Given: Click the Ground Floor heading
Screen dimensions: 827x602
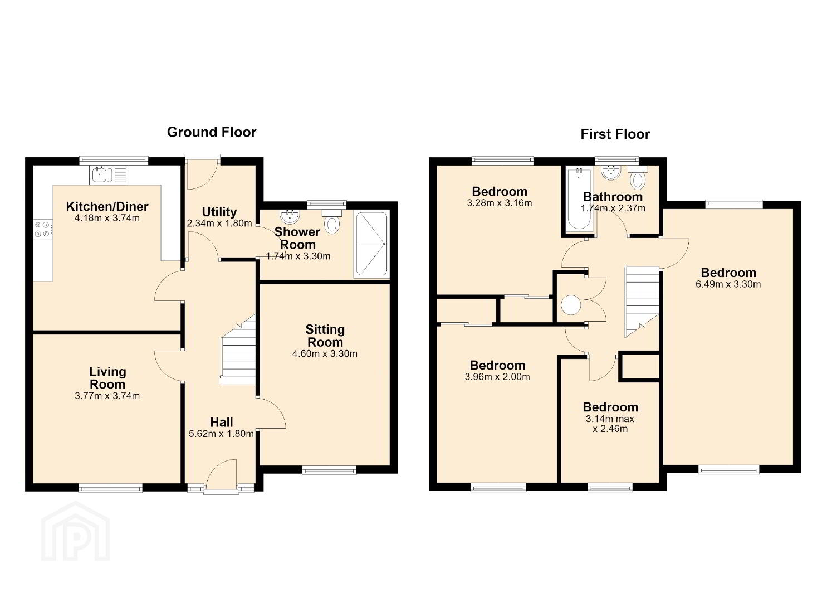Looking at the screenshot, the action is (x=212, y=132).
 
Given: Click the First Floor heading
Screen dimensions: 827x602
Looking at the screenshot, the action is (x=615, y=134).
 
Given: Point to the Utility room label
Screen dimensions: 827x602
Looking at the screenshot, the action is (x=219, y=212).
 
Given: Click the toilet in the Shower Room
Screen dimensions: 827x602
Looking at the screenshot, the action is (x=332, y=221).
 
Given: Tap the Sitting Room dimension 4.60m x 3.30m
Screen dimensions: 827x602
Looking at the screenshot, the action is (x=325, y=353).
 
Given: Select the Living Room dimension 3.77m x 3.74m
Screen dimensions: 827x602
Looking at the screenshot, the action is (x=107, y=396).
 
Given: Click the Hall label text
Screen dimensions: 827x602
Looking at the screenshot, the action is (x=222, y=422).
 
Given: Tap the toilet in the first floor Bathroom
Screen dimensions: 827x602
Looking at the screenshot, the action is (x=638, y=177).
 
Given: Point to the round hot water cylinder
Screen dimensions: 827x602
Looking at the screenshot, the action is (x=571, y=305).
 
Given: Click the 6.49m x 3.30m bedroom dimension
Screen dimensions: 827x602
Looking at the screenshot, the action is (x=728, y=284).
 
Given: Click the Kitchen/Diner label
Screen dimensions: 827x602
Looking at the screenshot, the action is (x=107, y=207).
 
